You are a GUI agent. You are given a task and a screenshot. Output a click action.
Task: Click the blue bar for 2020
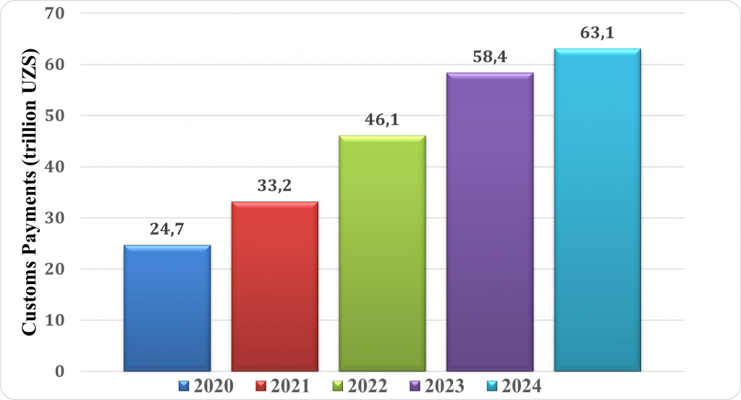[167, 308]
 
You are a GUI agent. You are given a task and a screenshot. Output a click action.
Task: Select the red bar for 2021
[275, 286]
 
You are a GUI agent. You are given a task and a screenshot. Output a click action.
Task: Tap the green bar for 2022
[382, 254]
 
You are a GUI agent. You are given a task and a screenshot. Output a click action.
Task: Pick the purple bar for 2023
[490, 222]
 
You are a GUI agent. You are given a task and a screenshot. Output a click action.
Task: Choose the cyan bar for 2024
[597, 210]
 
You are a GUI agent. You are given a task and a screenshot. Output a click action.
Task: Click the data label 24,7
[167, 231]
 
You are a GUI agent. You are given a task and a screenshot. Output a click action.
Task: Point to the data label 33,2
[275, 187]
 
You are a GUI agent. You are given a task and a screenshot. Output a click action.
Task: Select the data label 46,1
[382, 121]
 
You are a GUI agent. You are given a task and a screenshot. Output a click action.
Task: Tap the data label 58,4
[490, 58]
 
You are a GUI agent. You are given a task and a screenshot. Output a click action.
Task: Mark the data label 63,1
[597, 33]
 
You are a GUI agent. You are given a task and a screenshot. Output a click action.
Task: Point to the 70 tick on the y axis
[56, 14]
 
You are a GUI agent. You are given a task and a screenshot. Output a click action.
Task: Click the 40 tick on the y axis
[56, 167]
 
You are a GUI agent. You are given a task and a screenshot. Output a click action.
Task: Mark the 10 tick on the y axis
[56, 320]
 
